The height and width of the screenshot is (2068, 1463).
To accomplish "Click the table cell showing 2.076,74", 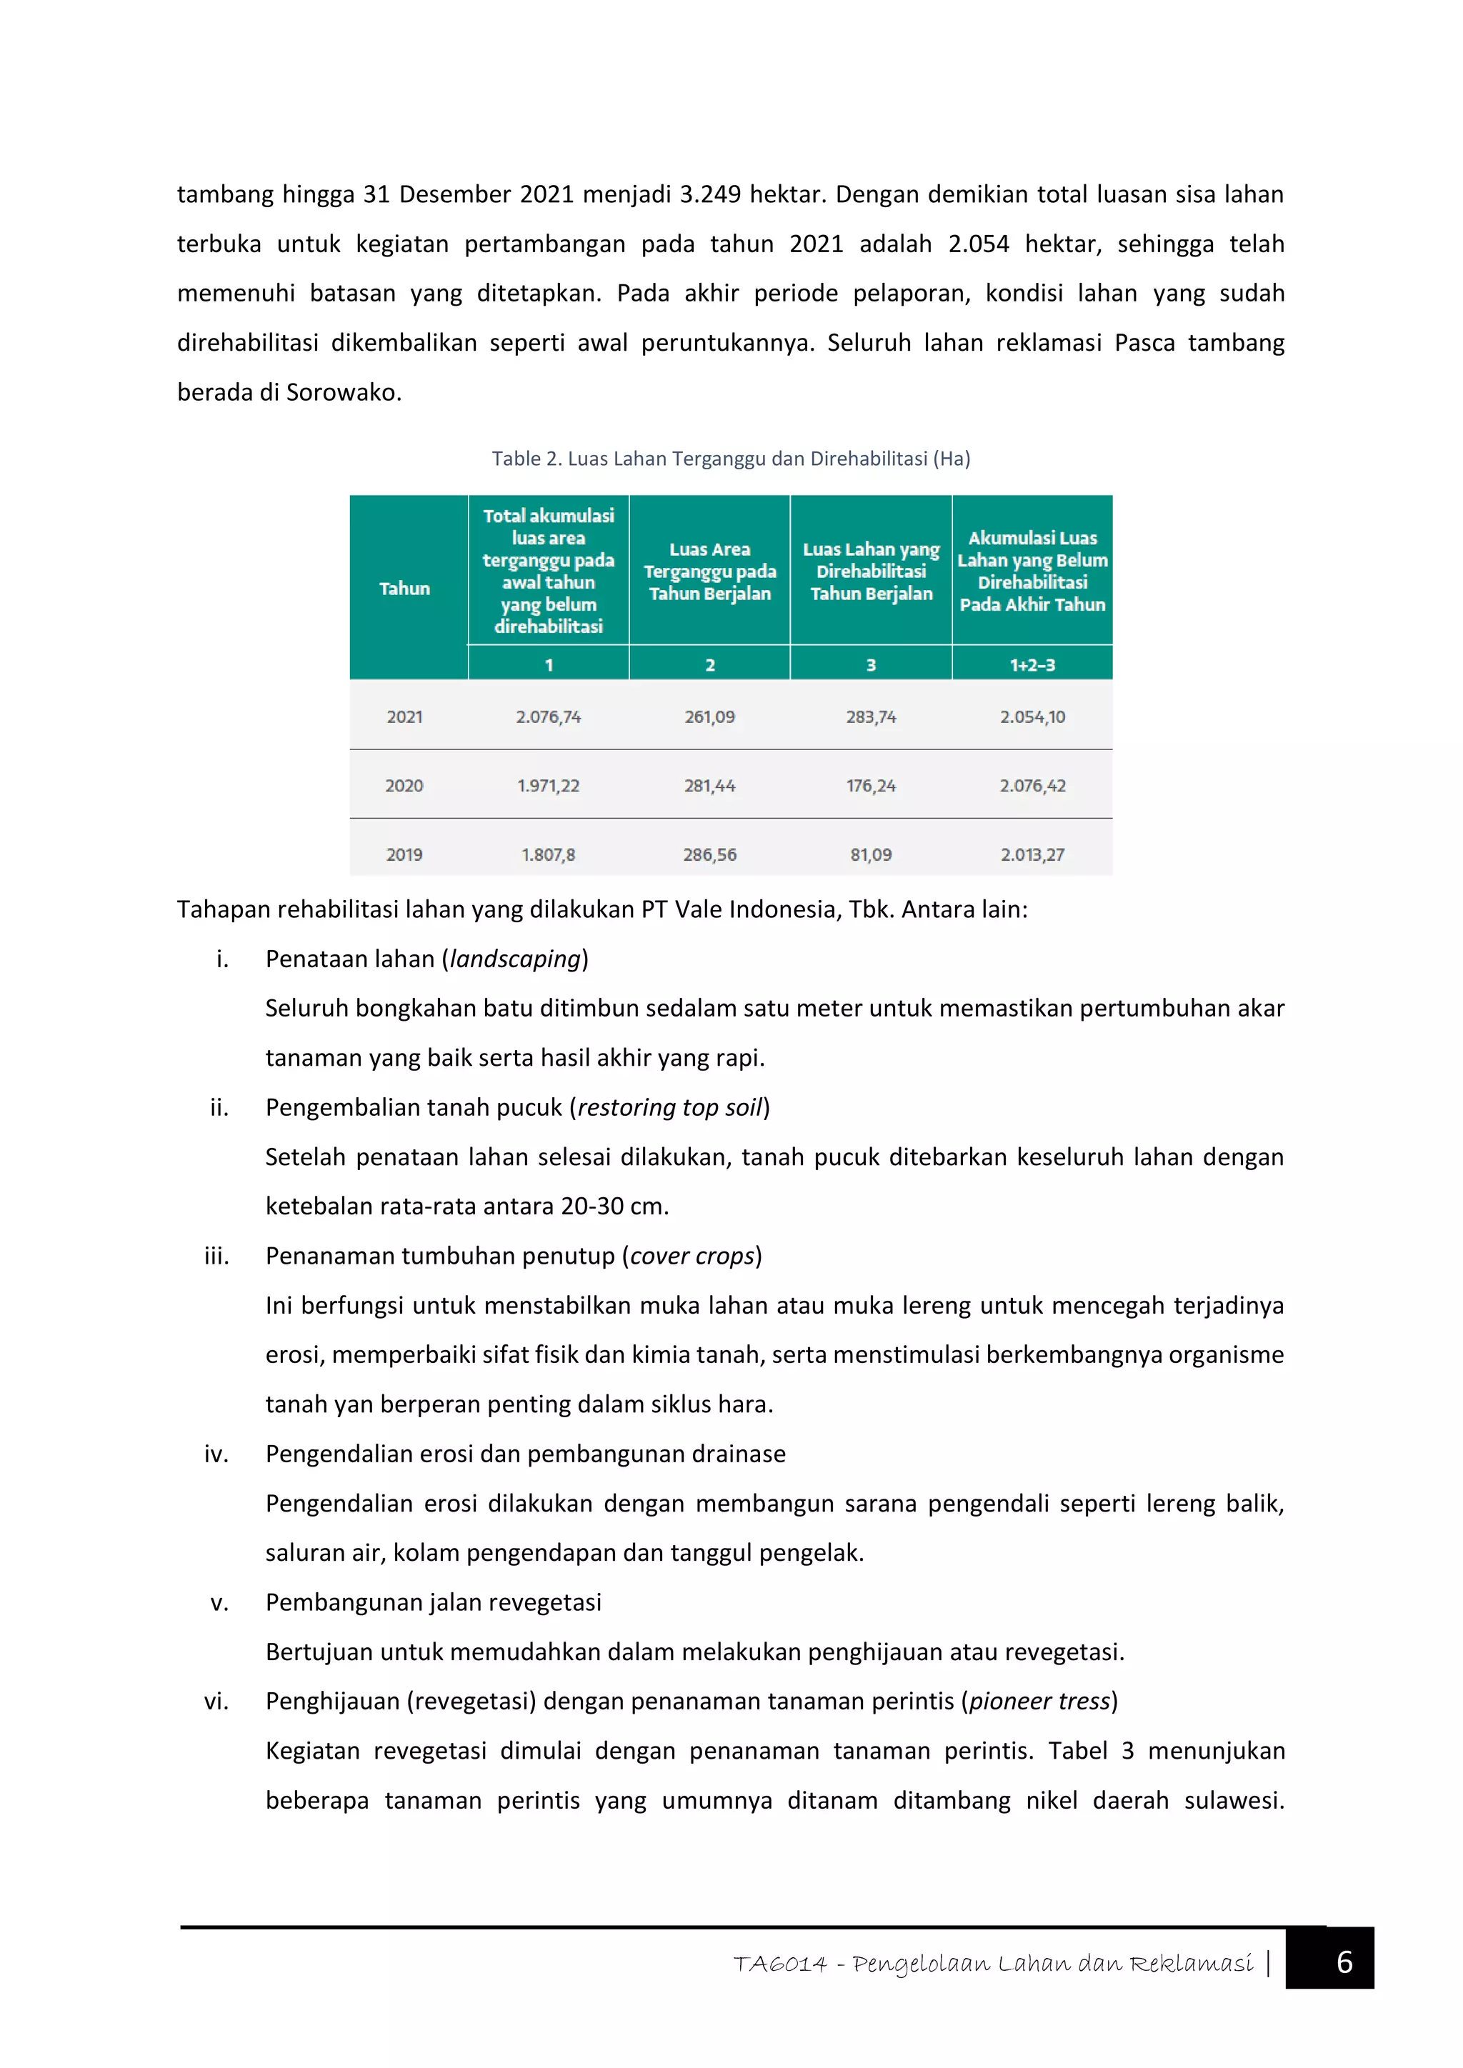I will pyautogui.click(x=548, y=717).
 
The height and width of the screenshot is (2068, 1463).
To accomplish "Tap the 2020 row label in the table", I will pyautogui.click(x=404, y=785).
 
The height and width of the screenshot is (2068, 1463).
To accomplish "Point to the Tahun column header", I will pyautogui.click(x=404, y=588).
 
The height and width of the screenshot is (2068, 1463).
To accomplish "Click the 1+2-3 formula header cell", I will pyautogui.click(x=1032, y=665).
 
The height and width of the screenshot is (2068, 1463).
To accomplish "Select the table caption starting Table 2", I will pyautogui.click(x=731, y=459).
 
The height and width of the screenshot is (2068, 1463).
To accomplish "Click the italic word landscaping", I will pyautogui.click(x=515, y=959).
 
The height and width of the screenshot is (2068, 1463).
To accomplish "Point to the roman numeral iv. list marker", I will pyautogui.click(x=216, y=1454).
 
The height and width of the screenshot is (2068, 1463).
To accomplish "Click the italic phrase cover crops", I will pyautogui.click(x=692, y=1256).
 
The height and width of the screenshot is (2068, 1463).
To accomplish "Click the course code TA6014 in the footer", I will pyautogui.click(x=779, y=1964).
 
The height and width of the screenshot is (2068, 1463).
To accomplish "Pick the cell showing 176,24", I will pyautogui.click(x=870, y=785).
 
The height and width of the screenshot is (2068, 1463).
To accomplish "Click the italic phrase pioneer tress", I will pyautogui.click(x=1039, y=1701).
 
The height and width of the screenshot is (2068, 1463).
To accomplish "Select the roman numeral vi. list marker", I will pyautogui.click(x=216, y=1701).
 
